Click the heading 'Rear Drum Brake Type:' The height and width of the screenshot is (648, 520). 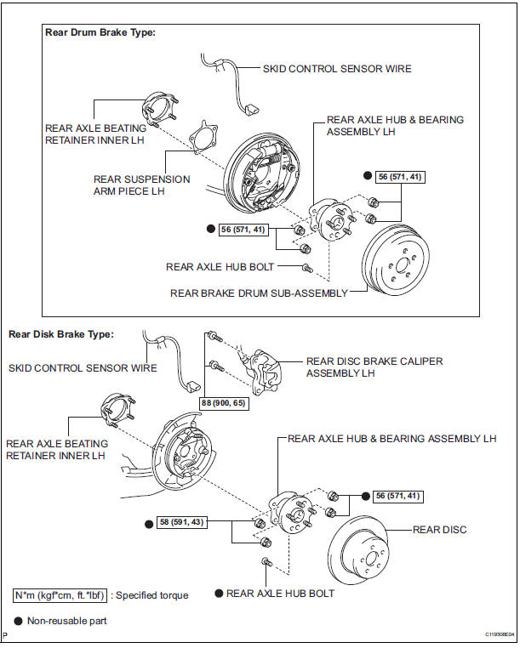[x=101, y=33]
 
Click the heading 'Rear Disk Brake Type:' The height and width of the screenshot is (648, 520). [x=60, y=334]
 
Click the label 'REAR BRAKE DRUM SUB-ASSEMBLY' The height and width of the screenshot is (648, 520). [x=259, y=293]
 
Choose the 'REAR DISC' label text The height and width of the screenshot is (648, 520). [x=439, y=530]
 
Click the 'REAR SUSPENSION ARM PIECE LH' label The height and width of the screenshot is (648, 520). [x=142, y=185]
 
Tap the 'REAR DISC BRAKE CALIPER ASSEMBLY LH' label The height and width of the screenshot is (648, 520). [x=374, y=367]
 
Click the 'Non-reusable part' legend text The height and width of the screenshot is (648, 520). [x=67, y=621]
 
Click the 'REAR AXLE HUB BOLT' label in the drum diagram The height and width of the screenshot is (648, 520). [x=220, y=266]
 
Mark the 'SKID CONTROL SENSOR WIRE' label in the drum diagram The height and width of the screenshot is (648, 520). [x=337, y=69]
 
